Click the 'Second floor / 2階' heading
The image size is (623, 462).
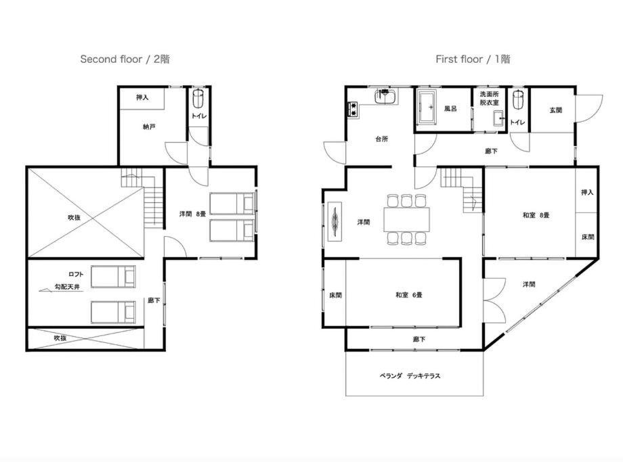[x=125, y=60]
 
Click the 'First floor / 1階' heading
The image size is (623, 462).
[x=473, y=60]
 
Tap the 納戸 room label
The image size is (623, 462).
[x=149, y=127]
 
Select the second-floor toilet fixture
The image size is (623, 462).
[x=198, y=99]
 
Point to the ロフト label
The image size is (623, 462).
[x=76, y=274]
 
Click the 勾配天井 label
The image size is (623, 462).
[x=67, y=287]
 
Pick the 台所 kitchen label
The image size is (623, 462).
[x=381, y=139]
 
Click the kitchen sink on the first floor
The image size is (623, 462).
[x=385, y=97]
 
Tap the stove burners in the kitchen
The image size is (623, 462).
[x=353, y=109]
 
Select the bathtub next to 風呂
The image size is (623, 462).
[x=428, y=106]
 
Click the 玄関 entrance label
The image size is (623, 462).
[x=556, y=110]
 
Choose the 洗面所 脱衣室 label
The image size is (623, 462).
[x=489, y=99]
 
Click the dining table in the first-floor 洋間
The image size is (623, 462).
[x=407, y=219]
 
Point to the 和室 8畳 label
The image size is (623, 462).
[x=536, y=215]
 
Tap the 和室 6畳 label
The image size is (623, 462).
[x=409, y=295]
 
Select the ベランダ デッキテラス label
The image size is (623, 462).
[x=410, y=376]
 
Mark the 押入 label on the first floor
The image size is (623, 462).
[x=587, y=193]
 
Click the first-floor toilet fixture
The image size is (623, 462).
[x=517, y=99]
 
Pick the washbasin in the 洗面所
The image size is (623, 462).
[x=499, y=118]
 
